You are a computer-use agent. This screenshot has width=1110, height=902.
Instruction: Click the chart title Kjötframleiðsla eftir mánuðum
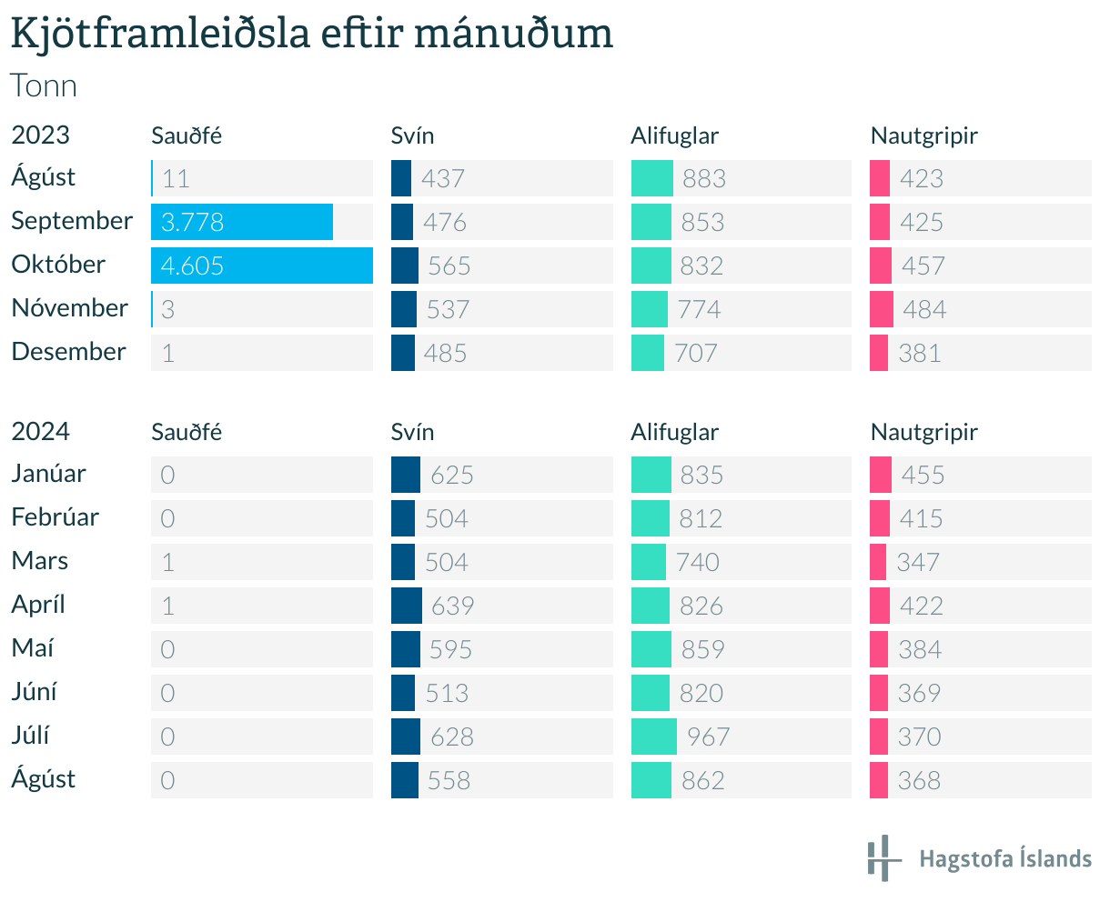tap(311, 35)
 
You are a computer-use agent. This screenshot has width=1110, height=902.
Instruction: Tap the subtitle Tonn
tap(44, 86)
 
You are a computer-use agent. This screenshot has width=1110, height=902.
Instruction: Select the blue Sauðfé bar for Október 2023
tap(262, 266)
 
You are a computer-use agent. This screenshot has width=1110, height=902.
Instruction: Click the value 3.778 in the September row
tap(192, 222)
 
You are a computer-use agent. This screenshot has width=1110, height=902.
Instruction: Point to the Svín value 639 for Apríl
tap(452, 606)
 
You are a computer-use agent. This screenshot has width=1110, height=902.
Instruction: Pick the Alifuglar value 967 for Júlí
tap(708, 737)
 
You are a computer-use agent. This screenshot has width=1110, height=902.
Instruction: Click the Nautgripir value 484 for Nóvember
tap(924, 309)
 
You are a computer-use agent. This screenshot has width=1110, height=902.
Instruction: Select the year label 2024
tap(40, 431)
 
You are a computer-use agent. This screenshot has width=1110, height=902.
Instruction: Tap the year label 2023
tap(40, 135)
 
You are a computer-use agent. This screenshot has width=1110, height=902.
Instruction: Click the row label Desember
tap(68, 352)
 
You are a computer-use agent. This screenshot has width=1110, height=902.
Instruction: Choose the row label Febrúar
tap(55, 517)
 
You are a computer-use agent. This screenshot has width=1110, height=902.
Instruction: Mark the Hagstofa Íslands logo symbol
tap(883, 857)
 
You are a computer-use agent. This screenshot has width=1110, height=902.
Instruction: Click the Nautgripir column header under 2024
tap(923, 432)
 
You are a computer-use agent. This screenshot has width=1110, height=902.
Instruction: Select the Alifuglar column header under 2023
tap(674, 135)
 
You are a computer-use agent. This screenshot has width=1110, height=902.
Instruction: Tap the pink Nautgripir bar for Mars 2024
tap(877, 562)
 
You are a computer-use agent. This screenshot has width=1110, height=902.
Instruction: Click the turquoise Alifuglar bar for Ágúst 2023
tap(651, 178)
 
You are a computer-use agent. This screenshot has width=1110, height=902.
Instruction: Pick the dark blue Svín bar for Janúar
tap(405, 475)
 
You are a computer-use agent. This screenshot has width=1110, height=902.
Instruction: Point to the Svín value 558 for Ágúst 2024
tap(449, 780)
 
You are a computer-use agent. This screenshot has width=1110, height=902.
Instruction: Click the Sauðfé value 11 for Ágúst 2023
tap(176, 178)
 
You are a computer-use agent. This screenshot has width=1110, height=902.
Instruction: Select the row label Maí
tap(33, 648)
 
